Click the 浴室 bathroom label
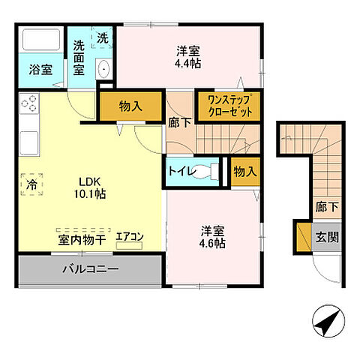(40, 70)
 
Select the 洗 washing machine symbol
(102, 37)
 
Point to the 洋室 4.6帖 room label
(212, 237)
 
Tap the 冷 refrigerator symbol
(32, 183)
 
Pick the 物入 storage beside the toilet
(244, 172)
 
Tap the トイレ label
(182, 172)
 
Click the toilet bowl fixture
(215, 172)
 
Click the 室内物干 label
(82, 238)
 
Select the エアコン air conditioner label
(130, 236)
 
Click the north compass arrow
(326, 323)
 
